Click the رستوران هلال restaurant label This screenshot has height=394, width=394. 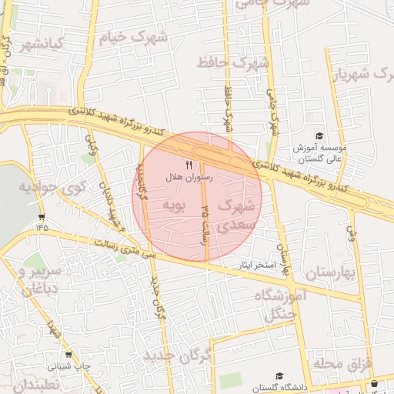[189, 178]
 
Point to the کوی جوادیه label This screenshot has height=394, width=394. [45, 187]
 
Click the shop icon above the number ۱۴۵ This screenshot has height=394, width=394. [41, 216]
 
